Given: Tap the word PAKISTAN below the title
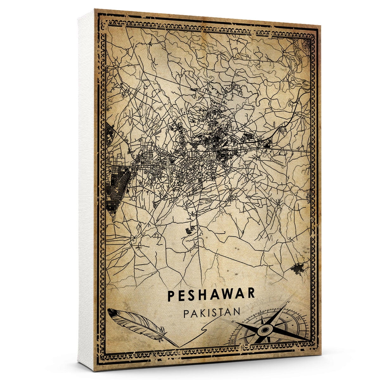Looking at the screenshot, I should coord(211,312).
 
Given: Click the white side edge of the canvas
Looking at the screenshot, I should coord(86,190).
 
